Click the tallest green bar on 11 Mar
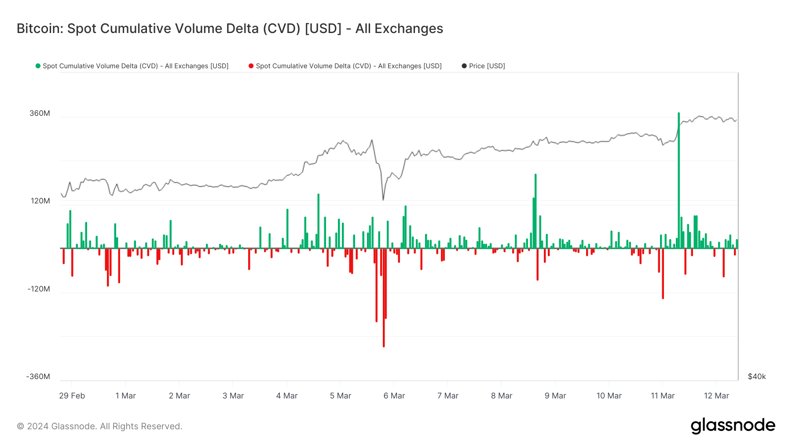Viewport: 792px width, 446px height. point(678,181)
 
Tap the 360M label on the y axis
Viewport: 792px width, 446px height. point(40,114)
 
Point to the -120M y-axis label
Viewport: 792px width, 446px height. point(39,289)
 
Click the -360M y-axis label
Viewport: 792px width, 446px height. point(38,377)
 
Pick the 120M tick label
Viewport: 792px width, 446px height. point(40,201)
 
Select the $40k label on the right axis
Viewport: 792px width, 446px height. point(757,377)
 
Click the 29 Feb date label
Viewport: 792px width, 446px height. point(72,396)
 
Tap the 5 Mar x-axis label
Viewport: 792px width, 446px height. point(341,396)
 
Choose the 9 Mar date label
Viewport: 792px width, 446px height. point(555,396)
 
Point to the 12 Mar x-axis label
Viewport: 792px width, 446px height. point(716,396)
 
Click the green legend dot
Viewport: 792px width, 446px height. point(38,66)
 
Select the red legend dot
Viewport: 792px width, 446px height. point(251,66)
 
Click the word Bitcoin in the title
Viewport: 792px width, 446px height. point(40,29)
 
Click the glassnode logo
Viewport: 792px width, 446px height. point(733,426)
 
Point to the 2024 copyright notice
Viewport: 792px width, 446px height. point(99,426)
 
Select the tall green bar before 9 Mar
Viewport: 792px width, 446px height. point(535,211)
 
